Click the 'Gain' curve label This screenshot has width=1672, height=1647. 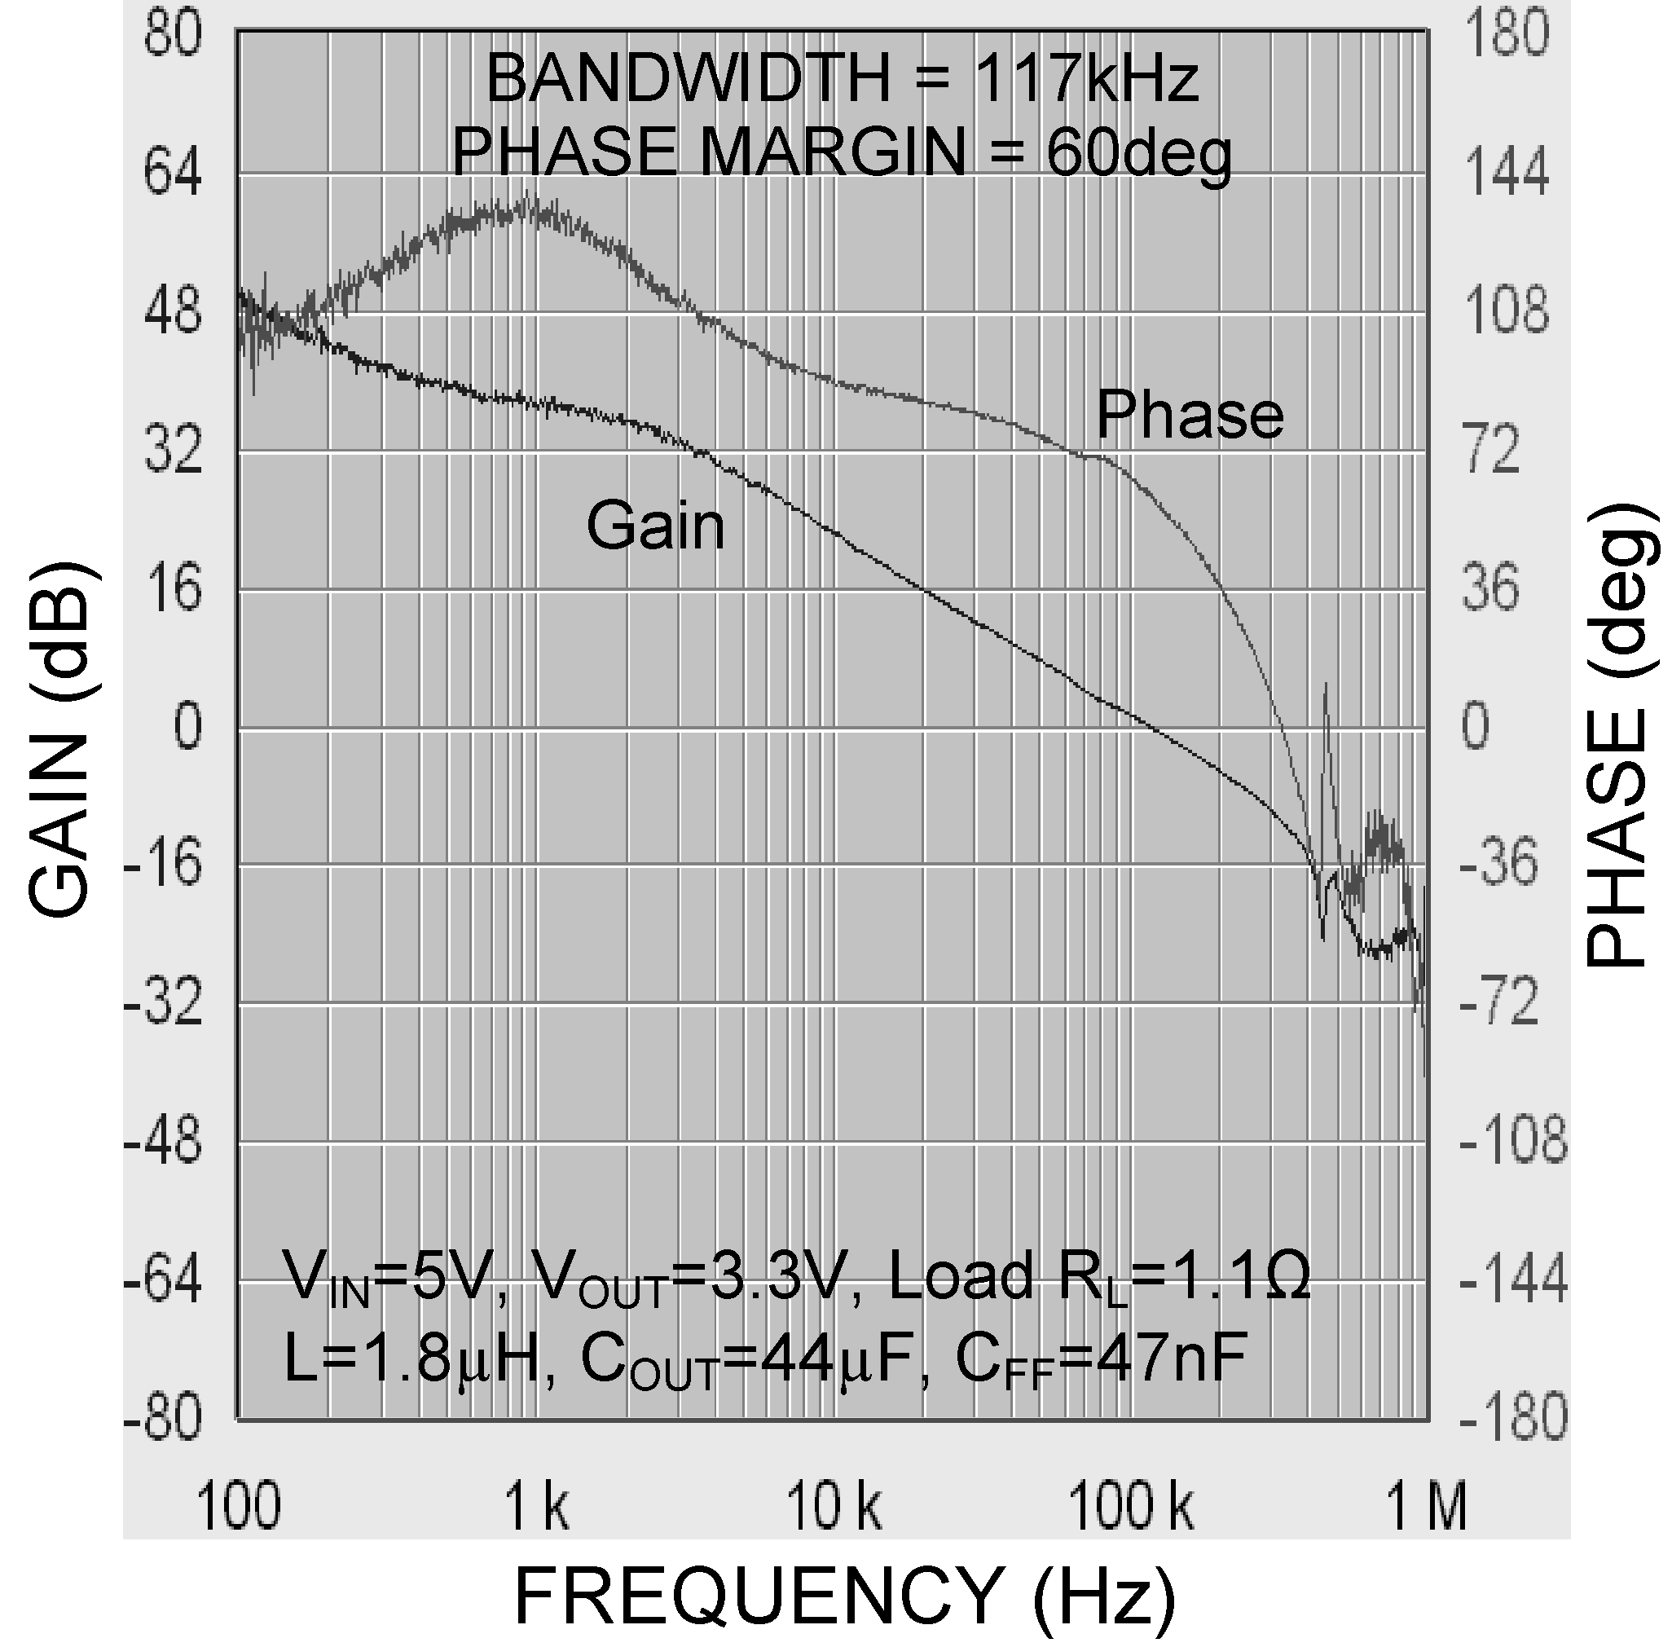click(655, 525)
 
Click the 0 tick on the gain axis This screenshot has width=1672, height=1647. click(187, 727)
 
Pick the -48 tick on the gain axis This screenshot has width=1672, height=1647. click(164, 1143)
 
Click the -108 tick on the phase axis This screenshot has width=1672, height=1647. click(1513, 1143)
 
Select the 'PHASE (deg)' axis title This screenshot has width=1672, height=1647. click(1619, 735)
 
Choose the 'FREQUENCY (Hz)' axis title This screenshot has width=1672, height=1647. click(845, 1596)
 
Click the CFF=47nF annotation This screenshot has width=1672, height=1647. click(1100, 1358)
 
